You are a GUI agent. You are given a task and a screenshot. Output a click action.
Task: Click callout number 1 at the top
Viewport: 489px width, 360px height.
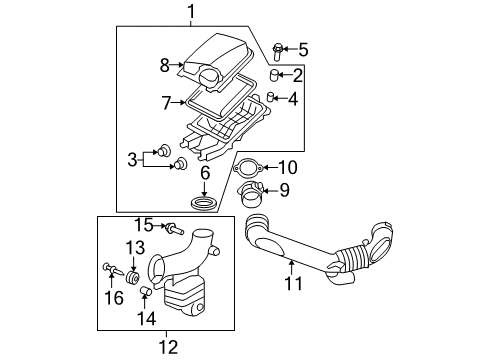pyautogui.click(x=190, y=12)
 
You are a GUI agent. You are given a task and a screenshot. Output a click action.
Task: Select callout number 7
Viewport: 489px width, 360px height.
pyautogui.click(x=166, y=101)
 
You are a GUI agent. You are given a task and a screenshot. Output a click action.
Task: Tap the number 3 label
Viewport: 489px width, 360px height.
pyautogui.click(x=133, y=159)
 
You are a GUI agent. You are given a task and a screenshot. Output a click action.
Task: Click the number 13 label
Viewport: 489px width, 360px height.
pyautogui.click(x=135, y=247)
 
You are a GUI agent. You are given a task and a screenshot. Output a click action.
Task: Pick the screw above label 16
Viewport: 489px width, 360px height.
pyautogui.click(x=108, y=267)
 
